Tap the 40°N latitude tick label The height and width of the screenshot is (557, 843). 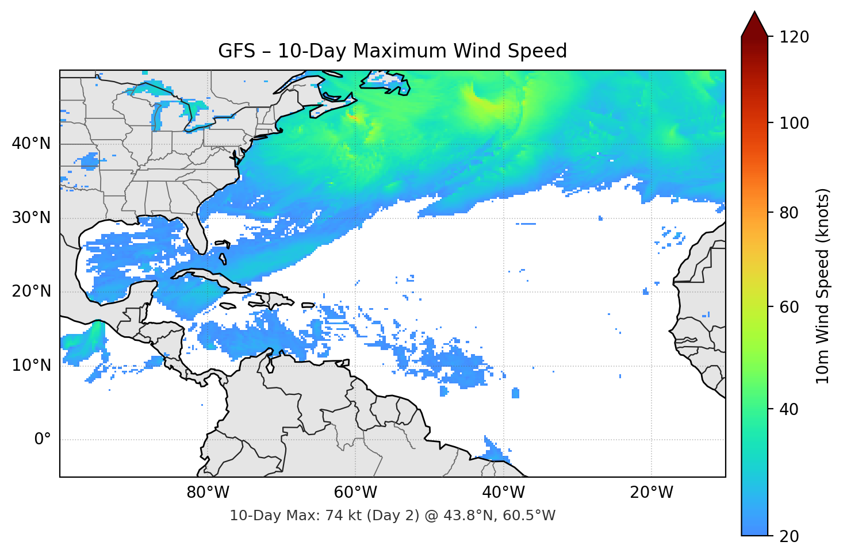pos(31,144)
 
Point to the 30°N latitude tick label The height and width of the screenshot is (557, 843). pos(31,218)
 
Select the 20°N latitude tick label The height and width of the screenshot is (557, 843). pos(31,291)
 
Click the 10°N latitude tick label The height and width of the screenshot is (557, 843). pos(31,366)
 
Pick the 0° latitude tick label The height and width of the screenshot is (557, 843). pos(42,440)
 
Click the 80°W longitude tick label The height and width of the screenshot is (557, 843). pos(208,493)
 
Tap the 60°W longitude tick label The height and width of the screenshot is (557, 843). pos(355,493)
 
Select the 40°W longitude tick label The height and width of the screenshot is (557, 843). pos(503,493)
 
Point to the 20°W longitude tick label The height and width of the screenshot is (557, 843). pos(651,493)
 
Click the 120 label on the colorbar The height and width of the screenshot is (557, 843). pos(794,37)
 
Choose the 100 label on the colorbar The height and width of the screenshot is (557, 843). pos(794,123)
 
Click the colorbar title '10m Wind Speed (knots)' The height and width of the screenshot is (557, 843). pos(823,286)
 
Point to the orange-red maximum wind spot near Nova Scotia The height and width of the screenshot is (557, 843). pos(352,118)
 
